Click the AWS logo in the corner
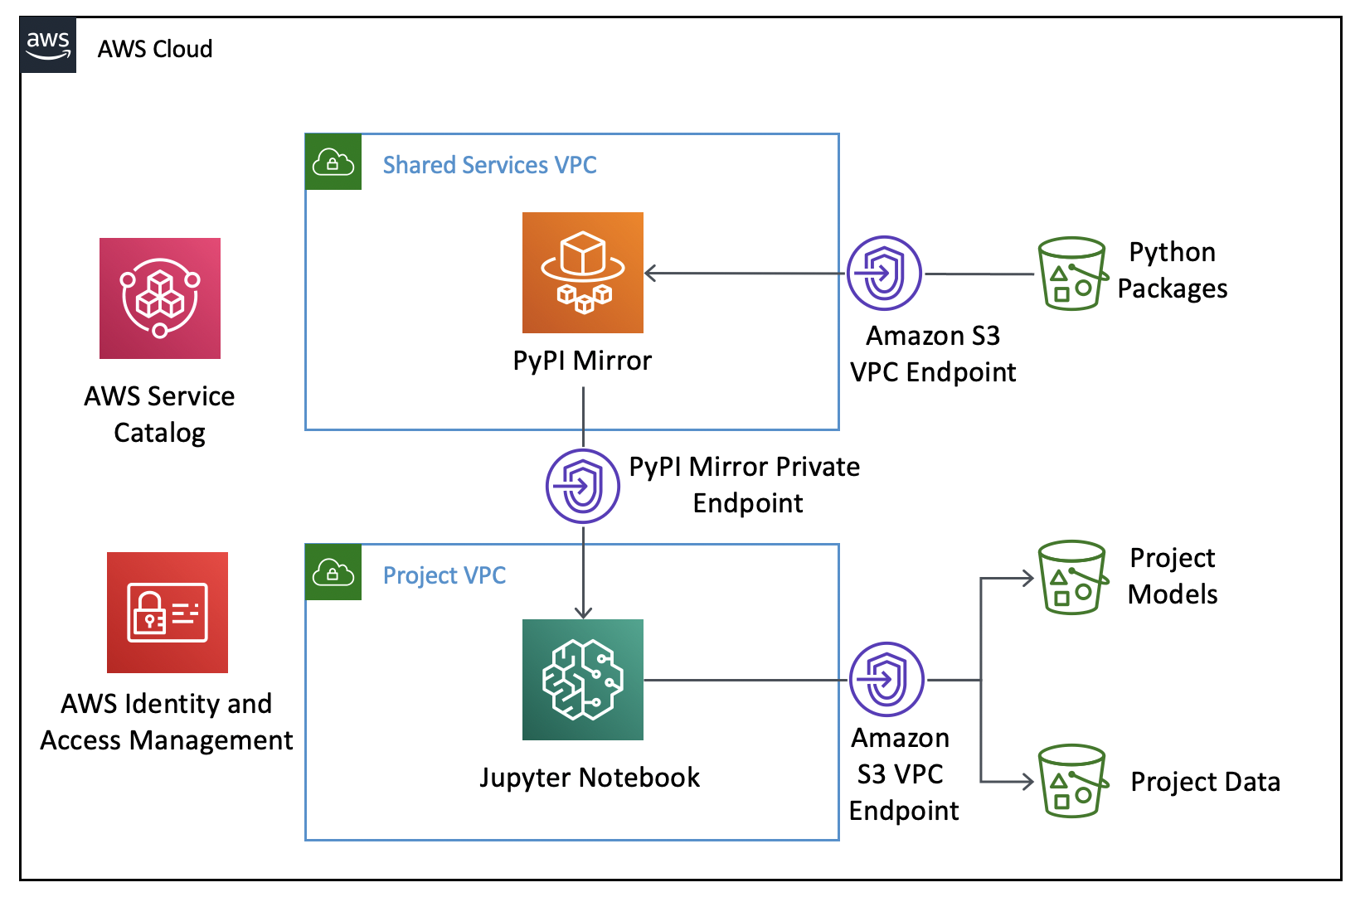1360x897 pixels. (x=48, y=46)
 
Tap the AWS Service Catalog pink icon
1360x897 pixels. (x=160, y=298)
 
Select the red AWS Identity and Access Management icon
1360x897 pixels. (x=168, y=613)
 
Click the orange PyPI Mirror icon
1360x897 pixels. (x=583, y=273)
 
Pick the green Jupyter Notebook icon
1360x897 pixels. (x=583, y=680)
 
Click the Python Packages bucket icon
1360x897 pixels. (x=1073, y=274)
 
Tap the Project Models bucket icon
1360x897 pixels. (x=1073, y=578)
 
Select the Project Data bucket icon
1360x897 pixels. (x=1073, y=781)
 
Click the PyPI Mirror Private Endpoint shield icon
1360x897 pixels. (x=583, y=486)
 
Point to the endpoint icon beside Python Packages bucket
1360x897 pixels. (x=884, y=273)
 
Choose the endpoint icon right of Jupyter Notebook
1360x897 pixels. (x=886, y=679)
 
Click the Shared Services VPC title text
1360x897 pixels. (x=489, y=165)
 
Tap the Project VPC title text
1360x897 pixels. (x=444, y=575)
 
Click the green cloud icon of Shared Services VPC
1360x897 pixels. (x=333, y=162)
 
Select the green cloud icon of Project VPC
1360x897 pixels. (x=333, y=573)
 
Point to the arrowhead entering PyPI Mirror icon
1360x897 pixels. (x=651, y=273)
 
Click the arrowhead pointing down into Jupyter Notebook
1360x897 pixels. (x=583, y=612)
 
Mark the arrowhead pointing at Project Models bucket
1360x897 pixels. (x=1027, y=578)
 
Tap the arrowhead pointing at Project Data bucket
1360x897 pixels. (x=1027, y=781)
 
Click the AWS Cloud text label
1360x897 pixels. (x=155, y=49)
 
